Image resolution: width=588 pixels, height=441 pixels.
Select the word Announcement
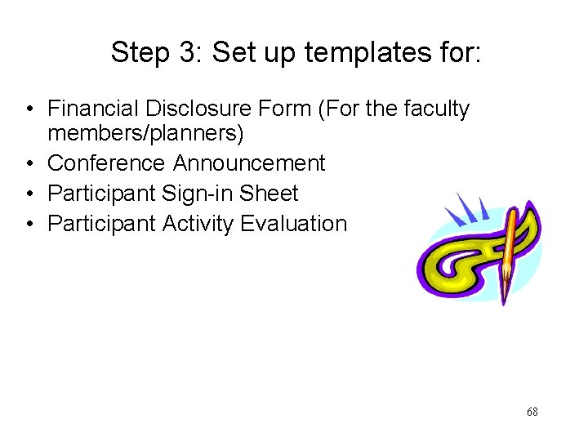(x=249, y=163)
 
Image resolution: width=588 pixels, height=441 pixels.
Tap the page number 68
(x=532, y=412)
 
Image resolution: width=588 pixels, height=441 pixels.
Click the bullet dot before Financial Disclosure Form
(x=29, y=109)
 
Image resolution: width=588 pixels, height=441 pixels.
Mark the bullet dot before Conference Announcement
(x=29, y=164)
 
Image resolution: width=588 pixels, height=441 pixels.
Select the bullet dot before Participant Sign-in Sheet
(x=29, y=194)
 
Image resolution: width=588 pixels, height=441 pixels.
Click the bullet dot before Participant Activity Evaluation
(x=29, y=225)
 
